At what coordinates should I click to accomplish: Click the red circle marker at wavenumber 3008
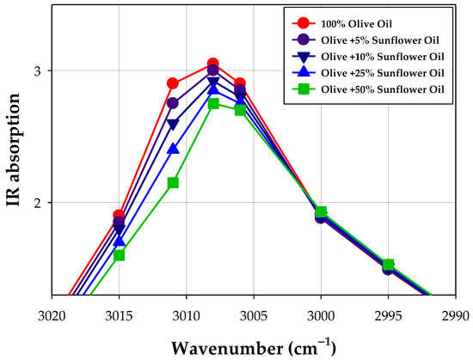tap(213, 64)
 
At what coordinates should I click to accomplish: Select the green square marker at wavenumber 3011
tap(173, 182)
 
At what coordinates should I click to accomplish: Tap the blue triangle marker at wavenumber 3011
tap(173, 149)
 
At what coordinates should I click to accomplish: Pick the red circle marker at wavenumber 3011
tap(173, 83)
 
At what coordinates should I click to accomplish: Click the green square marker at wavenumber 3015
tap(119, 255)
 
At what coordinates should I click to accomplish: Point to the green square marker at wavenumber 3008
tap(213, 103)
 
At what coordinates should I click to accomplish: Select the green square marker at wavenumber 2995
tap(388, 265)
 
